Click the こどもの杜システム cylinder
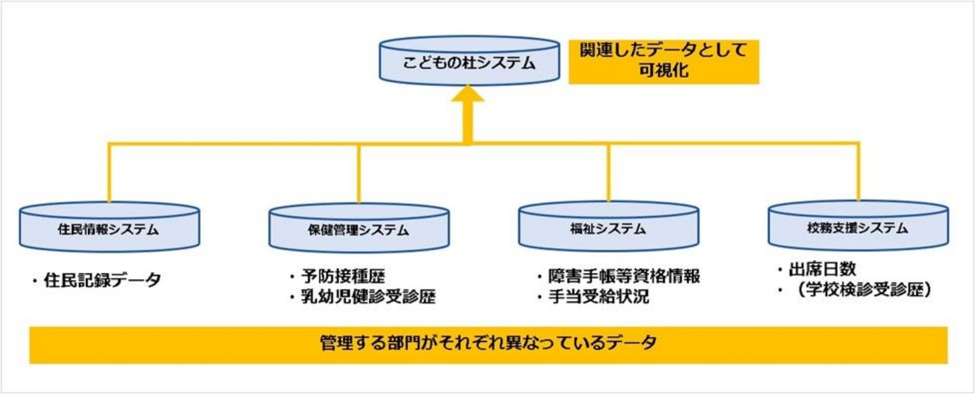click(x=469, y=62)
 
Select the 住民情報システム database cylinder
click(x=109, y=229)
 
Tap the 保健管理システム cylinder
click(x=358, y=229)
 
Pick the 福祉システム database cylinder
click(x=608, y=228)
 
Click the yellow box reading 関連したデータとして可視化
click(x=663, y=61)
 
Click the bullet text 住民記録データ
click(x=102, y=280)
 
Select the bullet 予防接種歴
click(x=343, y=277)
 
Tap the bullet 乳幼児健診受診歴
click(x=368, y=297)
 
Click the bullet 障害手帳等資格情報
click(x=623, y=277)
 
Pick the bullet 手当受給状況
click(x=598, y=297)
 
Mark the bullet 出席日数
click(x=822, y=269)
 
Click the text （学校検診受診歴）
click(x=864, y=290)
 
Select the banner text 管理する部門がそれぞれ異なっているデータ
click(x=488, y=343)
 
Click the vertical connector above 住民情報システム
click(x=109, y=172)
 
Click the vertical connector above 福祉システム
click(x=609, y=172)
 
